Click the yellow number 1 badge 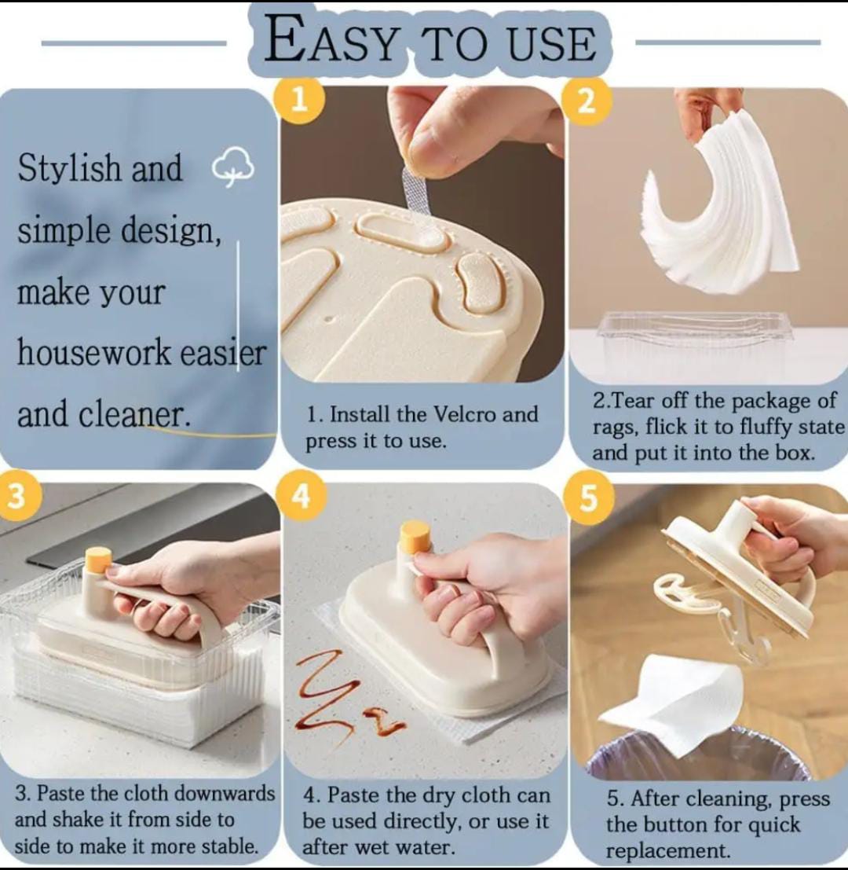point(298,101)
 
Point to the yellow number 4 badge point(301,497)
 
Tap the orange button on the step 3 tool point(99,560)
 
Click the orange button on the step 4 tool point(415,536)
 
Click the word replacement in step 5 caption point(668,850)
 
